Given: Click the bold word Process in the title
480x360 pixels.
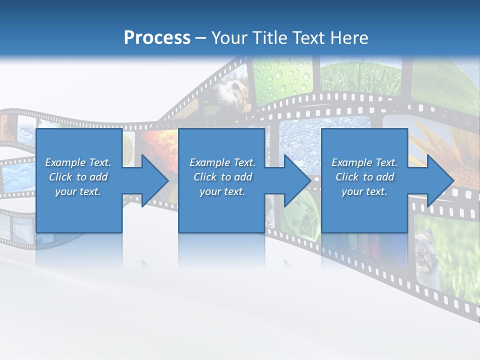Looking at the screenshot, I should pos(157,37).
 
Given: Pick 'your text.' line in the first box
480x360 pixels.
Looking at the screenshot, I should pos(78,191).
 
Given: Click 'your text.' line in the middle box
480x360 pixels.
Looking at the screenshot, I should pos(222,191).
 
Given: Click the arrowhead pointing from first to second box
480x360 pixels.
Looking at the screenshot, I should pos(155,180).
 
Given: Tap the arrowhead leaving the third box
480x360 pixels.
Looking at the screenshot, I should pos(440,180).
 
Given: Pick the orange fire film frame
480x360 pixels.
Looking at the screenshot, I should pos(160,145).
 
